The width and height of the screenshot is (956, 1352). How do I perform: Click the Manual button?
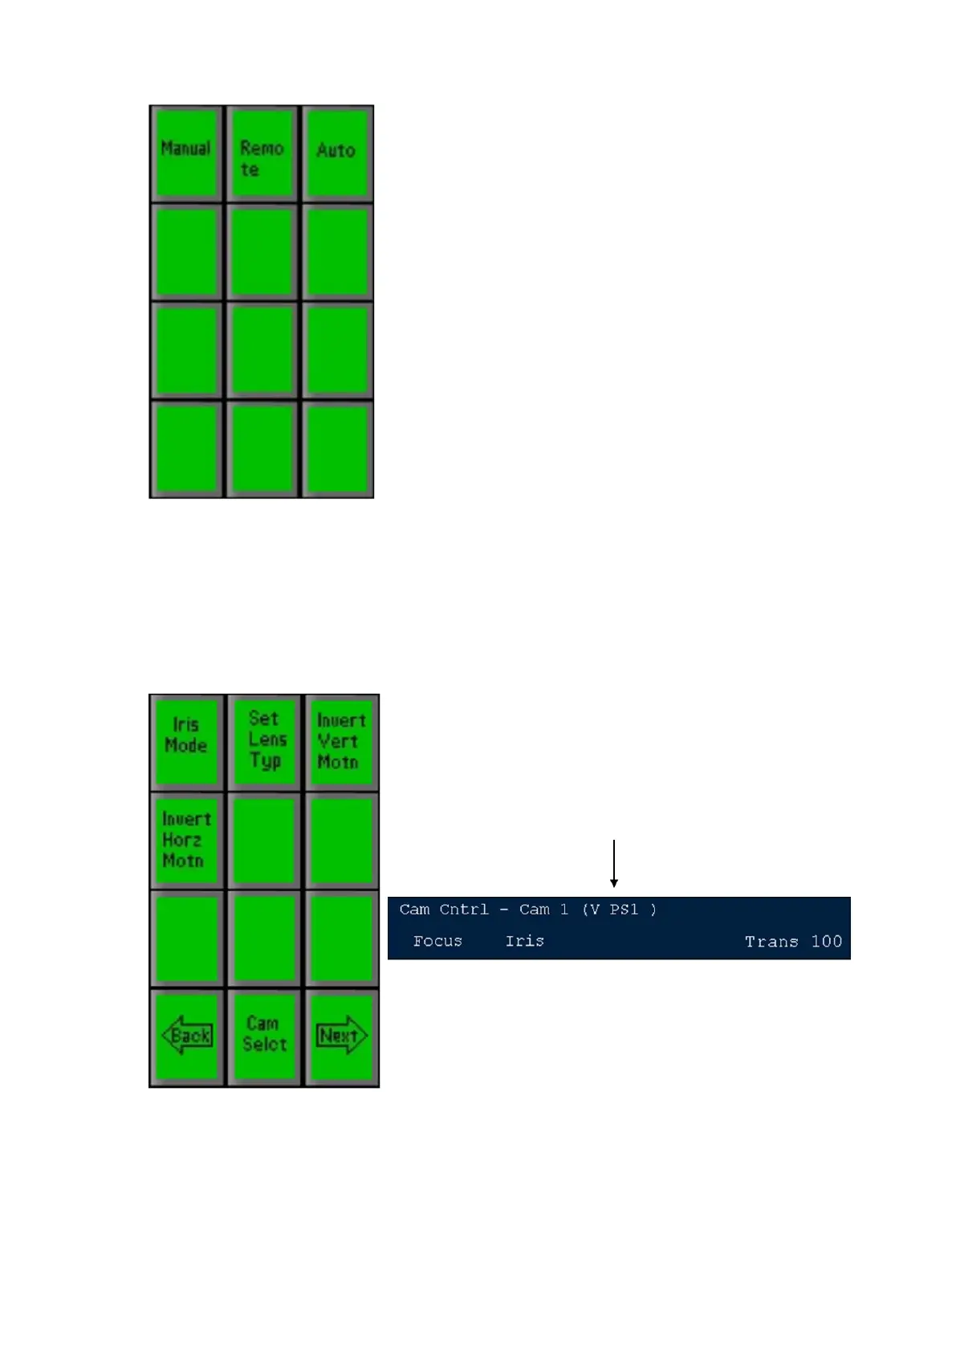tap(186, 153)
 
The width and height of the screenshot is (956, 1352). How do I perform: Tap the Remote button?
tap(262, 153)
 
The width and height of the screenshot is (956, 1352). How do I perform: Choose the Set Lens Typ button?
tap(264, 741)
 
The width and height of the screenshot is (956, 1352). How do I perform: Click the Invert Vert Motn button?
tap(340, 741)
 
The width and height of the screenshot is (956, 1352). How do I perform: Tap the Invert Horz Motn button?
tap(186, 840)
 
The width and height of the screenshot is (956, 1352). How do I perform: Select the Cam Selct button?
tap(264, 1036)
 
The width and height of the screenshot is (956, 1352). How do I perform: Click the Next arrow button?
tap(340, 1036)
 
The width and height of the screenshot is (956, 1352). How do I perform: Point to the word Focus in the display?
tap(437, 941)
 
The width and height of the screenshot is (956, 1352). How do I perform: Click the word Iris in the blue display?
tap(524, 941)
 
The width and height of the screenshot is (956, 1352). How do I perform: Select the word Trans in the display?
tap(771, 942)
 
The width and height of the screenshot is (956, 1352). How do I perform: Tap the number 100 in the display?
tap(826, 942)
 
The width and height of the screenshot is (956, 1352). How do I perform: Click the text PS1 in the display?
tap(624, 910)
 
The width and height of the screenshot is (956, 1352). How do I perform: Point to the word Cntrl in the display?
tap(464, 910)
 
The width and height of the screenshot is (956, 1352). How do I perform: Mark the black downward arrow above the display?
tap(614, 864)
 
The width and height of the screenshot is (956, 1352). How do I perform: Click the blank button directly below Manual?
tap(186, 252)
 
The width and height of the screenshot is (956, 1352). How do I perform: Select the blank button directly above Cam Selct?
tap(264, 938)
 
